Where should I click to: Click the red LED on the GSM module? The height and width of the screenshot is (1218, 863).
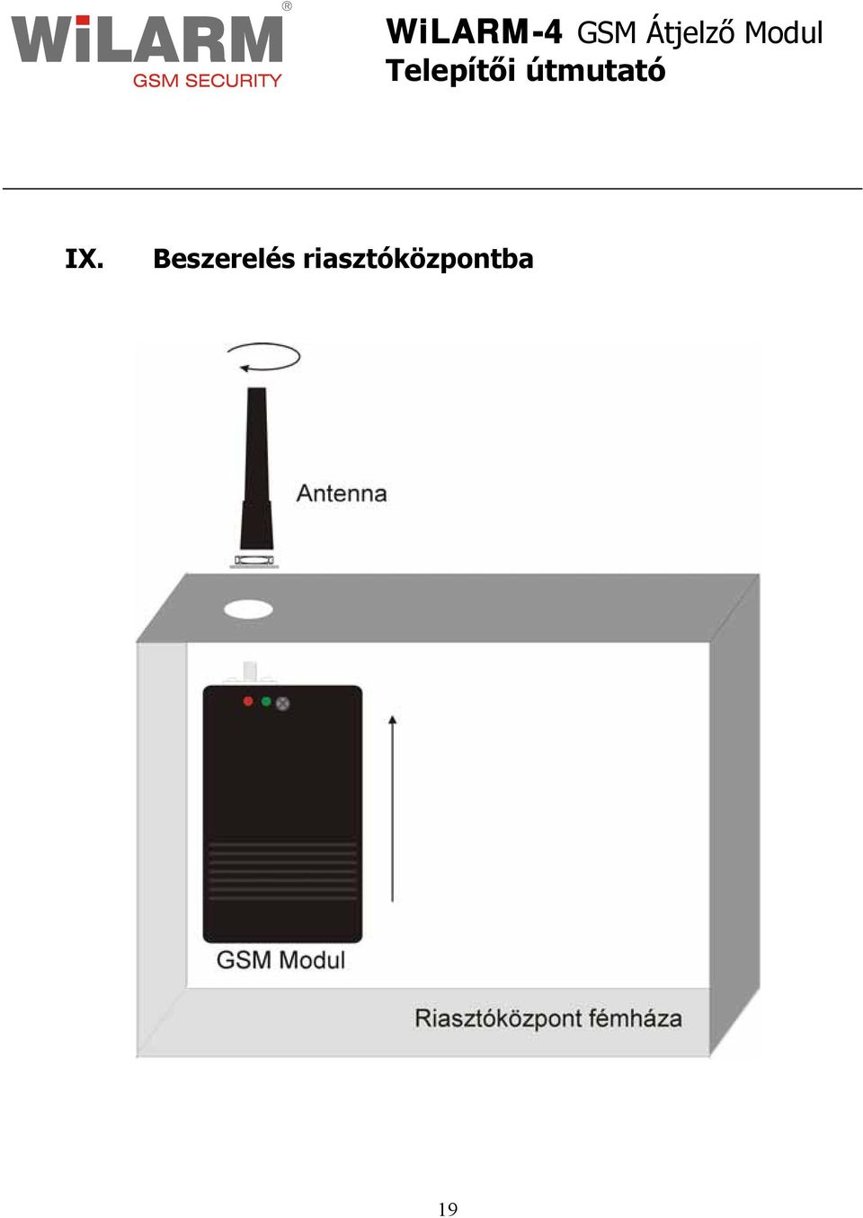pyautogui.click(x=248, y=701)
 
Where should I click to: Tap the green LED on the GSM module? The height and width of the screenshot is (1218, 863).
pyautogui.click(x=266, y=701)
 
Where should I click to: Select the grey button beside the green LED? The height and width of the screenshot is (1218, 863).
pyautogui.click(x=283, y=704)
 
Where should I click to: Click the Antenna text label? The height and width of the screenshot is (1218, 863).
pyautogui.click(x=342, y=493)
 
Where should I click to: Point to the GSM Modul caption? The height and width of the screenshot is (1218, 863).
pyautogui.click(x=280, y=960)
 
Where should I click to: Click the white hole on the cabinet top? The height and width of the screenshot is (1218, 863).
pyautogui.click(x=248, y=609)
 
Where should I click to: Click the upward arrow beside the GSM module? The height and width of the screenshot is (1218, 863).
pyautogui.click(x=393, y=809)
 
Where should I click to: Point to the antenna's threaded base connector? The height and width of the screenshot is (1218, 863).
pyautogui.click(x=254, y=561)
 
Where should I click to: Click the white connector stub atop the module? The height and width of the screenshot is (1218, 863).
pyautogui.click(x=250, y=673)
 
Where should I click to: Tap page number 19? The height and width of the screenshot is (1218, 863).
pyautogui.click(x=448, y=1209)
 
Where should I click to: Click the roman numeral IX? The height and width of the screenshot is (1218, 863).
pyautogui.click(x=85, y=259)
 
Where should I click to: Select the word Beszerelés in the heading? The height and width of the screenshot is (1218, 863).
pyautogui.click(x=224, y=258)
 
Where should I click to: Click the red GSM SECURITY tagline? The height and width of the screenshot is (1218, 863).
pyautogui.click(x=207, y=81)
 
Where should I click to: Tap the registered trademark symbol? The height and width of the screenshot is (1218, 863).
pyautogui.click(x=287, y=6)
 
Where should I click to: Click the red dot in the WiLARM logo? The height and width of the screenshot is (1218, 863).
pyautogui.click(x=83, y=20)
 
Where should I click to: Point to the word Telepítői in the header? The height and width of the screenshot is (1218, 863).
pyautogui.click(x=449, y=70)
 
